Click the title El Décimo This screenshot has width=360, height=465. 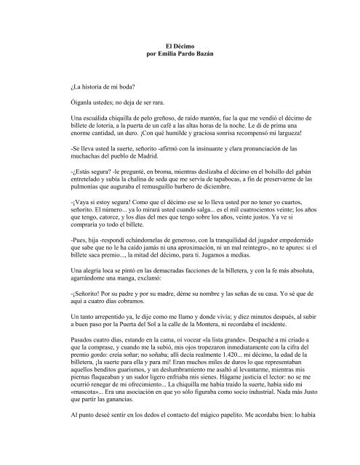click(x=180, y=46)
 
